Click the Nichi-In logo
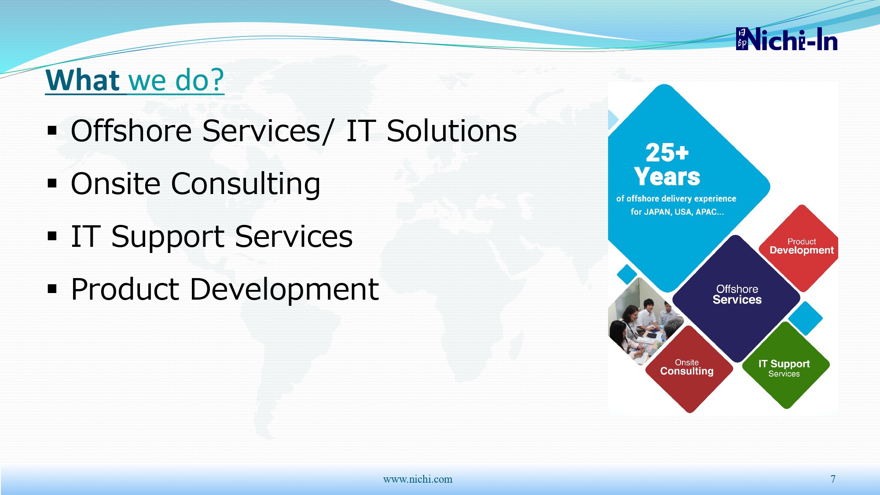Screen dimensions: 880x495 786,39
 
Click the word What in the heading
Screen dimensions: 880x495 83,80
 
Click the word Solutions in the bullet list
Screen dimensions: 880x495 451,131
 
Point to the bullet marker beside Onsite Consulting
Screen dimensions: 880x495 52,183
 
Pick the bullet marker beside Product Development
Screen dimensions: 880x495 52,289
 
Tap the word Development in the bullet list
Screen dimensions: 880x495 284,289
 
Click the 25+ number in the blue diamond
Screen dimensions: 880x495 667,152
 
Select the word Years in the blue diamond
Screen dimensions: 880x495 667,176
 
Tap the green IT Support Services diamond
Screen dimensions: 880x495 786,365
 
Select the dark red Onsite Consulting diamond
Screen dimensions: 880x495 689,369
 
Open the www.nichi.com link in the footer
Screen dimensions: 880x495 418,479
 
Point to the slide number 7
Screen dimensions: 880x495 833,479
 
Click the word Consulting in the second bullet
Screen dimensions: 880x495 246,184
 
